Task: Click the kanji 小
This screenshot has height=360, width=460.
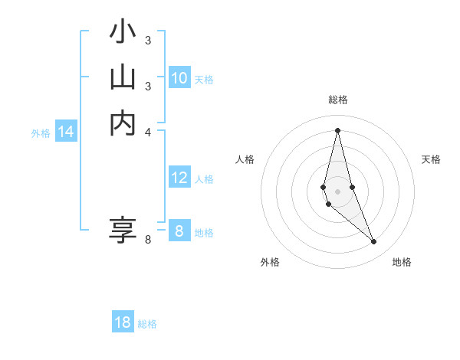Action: tap(123, 32)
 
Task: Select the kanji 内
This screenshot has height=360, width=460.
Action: tap(123, 123)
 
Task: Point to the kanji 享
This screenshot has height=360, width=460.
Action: tap(123, 230)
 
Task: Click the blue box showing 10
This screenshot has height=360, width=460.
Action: tap(179, 78)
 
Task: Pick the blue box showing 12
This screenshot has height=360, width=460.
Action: tap(179, 178)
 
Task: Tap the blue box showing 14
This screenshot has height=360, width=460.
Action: tap(66, 133)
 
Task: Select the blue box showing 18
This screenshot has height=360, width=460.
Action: tap(123, 322)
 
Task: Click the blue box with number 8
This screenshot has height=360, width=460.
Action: tap(179, 231)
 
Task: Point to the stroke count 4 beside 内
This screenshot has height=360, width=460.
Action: tap(148, 132)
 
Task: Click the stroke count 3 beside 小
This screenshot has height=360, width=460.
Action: tap(148, 40)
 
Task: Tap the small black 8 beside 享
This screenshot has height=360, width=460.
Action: tap(148, 240)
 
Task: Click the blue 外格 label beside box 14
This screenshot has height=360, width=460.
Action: tap(41, 133)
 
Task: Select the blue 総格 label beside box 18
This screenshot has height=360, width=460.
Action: tap(147, 324)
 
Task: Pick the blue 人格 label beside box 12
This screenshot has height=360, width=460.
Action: tap(204, 179)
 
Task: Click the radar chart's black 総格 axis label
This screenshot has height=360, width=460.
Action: tap(337, 100)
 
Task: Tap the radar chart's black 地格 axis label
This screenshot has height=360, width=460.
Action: tap(402, 262)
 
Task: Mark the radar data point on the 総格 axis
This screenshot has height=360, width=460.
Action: tap(337, 129)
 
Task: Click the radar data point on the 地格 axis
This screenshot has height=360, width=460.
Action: tap(373, 241)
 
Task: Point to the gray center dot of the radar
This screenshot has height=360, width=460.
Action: tap(337, 181)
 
